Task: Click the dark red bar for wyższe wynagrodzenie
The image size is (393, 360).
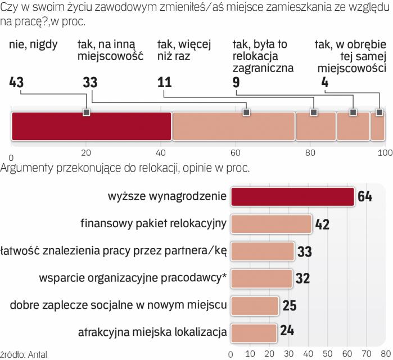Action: [x=293, y=197]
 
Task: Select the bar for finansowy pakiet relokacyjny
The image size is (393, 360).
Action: [x=272, y=224]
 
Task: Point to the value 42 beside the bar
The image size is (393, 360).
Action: [x=322, y=224]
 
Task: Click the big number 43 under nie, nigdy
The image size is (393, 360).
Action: [x=17, y=82]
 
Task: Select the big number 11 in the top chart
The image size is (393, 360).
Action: [x=164, y=82]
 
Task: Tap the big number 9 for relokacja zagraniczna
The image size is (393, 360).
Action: [x=236, y=82]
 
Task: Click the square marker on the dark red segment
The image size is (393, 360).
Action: [x=86, y=112]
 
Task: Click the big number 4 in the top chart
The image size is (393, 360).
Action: [x=324, y=82]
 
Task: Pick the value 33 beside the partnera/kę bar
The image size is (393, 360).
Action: [x=304, y=251]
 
